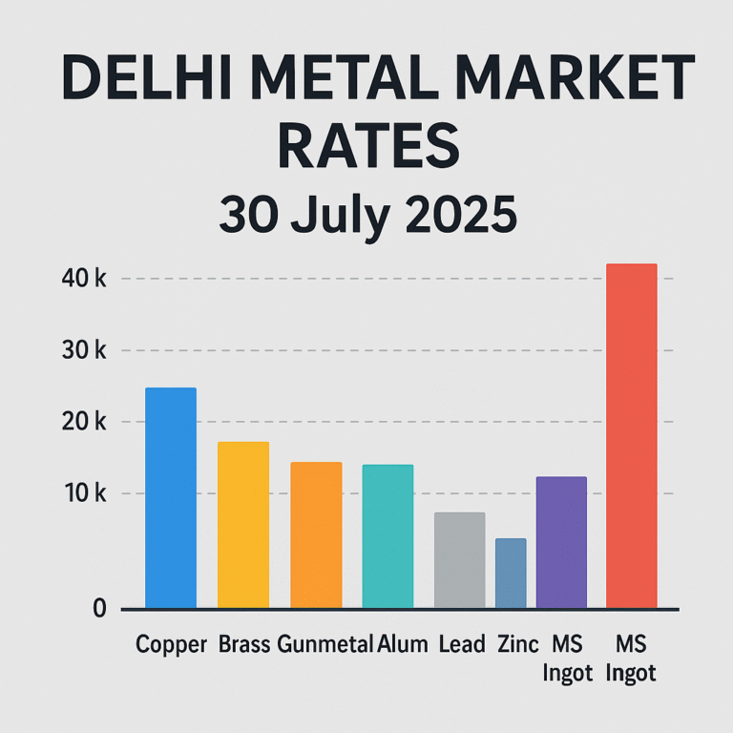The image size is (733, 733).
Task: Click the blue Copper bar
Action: pyautogui.click(x=170, y=498)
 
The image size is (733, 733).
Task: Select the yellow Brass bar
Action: pyautogui.click(x=242, y=525)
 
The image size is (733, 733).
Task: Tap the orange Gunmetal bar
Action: pyautogui.click(x=316, y=535)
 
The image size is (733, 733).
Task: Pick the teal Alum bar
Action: pyautogui.click(x=387, y=536)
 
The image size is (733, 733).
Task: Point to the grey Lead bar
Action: pyautogui.click(x=459, y=560)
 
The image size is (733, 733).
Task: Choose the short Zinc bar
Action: pyautogui.click(x=511, y=574)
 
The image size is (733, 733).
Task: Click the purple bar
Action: pyautogui.click(x=561, y=542)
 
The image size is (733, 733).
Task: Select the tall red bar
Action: pyautogui.click(x=632, y=436)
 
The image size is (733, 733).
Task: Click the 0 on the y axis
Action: pyautogui.click(x=99, y=608)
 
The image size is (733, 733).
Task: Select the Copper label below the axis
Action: pyautogui.click(x=172, y=644)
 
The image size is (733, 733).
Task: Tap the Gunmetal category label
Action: pyautogui.click(x=325, y=644)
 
